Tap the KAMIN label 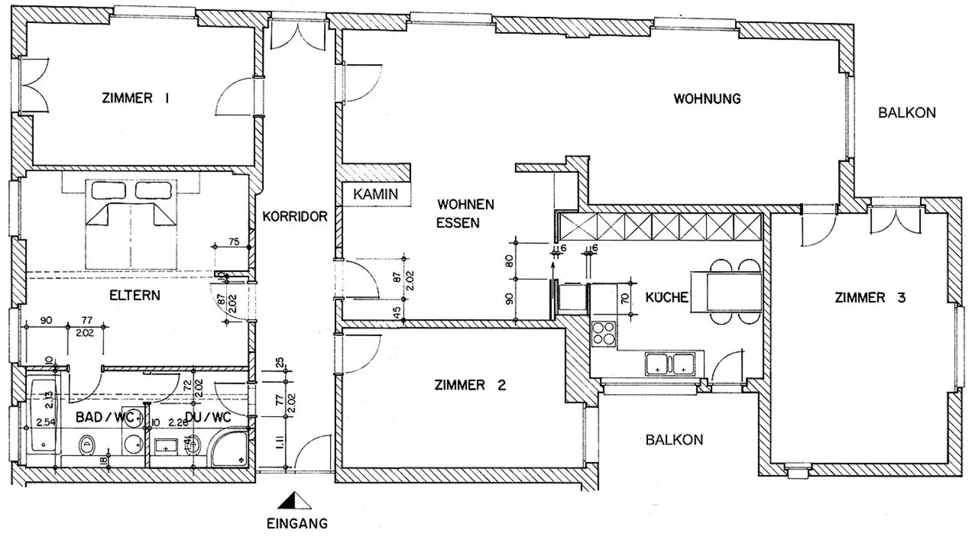pos(376,194)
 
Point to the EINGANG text pos(297,522)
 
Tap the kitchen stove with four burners pos(604,333)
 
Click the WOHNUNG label pos(707,98)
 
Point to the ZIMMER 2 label pos(470,385)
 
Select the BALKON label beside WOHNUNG pos(907,113)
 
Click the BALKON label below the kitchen pos(674,440)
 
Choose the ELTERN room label pos(135,295)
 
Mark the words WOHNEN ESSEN pos(466,213)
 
